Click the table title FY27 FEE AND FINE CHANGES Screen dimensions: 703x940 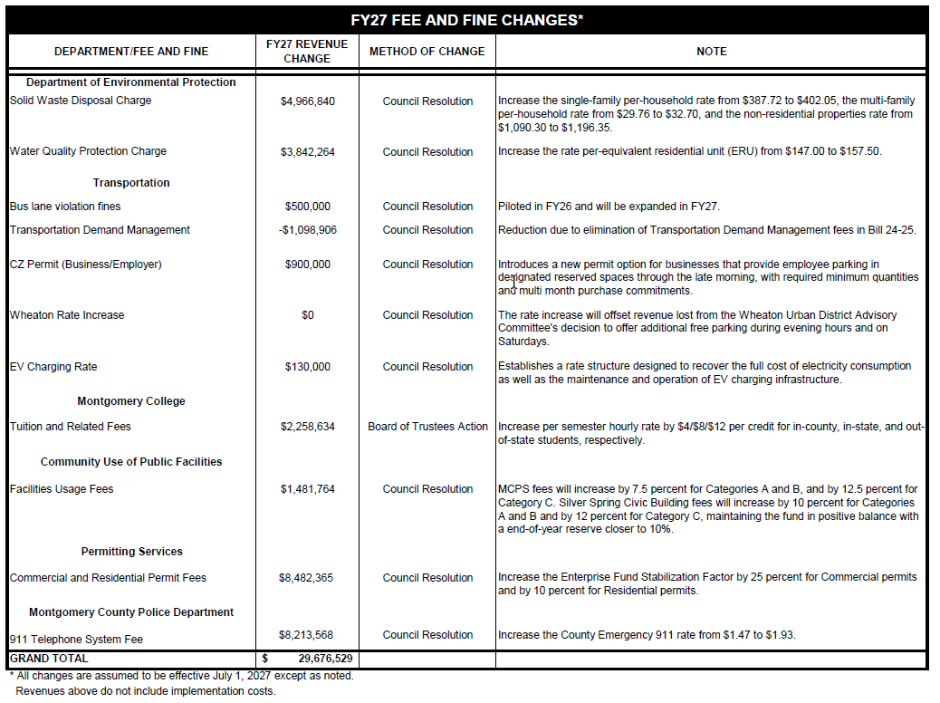point(466,20)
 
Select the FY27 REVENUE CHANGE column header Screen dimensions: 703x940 point(307,51)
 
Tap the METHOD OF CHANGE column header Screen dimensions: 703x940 point(427,52)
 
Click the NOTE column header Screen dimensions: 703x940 point(711,52)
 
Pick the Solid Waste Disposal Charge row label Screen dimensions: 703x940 point(81,101)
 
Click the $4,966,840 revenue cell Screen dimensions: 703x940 point(307,101)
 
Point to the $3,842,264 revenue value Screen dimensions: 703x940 point(307,152)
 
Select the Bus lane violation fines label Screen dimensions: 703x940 point(65,207)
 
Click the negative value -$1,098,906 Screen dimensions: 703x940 point(307,230)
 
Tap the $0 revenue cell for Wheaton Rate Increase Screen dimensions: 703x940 point(307,315)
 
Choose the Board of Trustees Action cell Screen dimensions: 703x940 point(427,427)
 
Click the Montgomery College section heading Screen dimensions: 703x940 point(131,401)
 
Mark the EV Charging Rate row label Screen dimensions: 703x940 point(53,367)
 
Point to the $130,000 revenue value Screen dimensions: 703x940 point(307,367)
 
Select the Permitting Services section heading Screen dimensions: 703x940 point(131,552)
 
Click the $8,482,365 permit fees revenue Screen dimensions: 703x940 point(307,578)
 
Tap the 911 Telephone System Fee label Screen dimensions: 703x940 point(76,640)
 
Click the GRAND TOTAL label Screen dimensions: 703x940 point(49,659)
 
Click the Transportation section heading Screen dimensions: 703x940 point(131,183)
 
